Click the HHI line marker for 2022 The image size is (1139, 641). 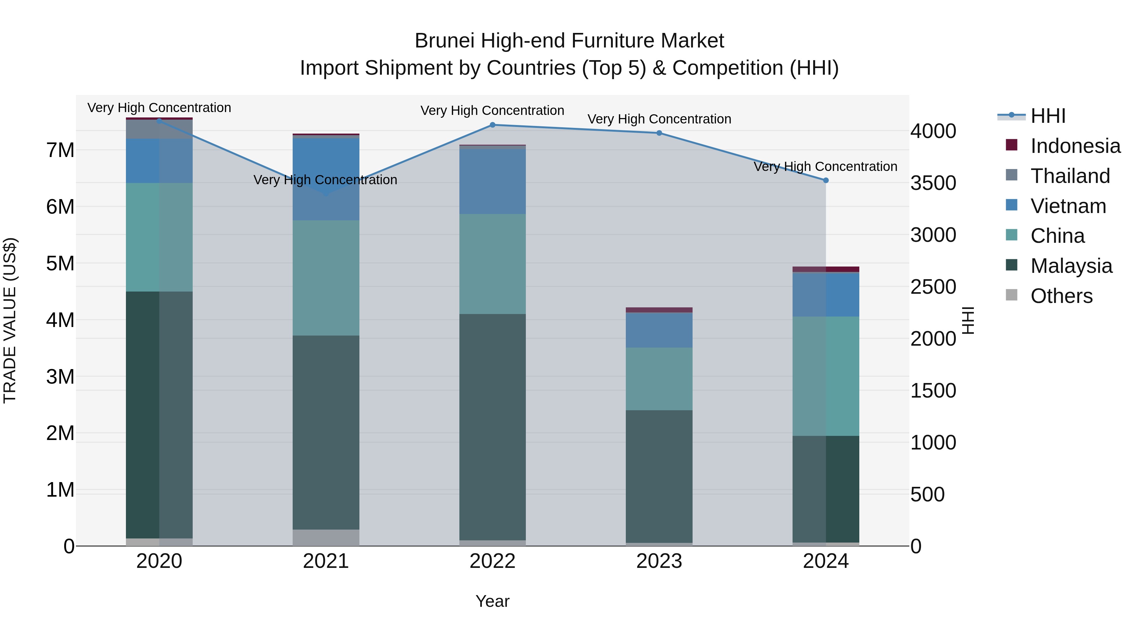(493, 125)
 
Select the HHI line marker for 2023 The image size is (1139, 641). (659, 133)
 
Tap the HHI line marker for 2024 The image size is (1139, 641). (825, 180)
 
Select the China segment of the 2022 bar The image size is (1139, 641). (493, 264)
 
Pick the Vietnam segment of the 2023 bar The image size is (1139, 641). (659, 330)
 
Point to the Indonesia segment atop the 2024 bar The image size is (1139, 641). (825, 269)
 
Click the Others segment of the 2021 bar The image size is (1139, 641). (326, 537)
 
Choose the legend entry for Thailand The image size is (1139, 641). (1070, 176)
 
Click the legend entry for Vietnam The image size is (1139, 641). (1068, 206)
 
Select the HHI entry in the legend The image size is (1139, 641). (1048, 116)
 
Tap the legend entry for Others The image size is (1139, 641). (1061, 296)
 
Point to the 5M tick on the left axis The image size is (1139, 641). (60, 264)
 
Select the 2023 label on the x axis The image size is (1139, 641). (659, 561)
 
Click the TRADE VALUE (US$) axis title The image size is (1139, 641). (10, 320)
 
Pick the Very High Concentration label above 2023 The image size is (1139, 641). (659, 119)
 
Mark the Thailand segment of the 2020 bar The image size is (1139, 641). (159, 129)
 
